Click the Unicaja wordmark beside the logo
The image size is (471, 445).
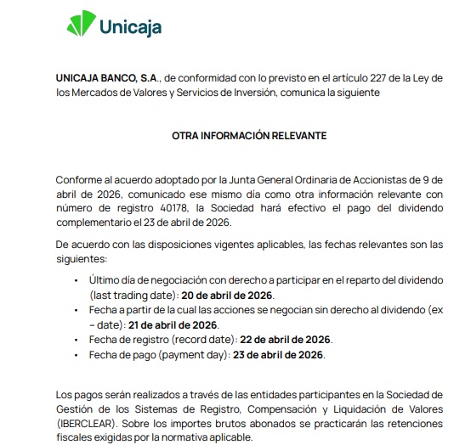pyautogui.click(x=129, y=26)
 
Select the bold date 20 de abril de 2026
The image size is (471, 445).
pyautogui.click(x=227, y=296)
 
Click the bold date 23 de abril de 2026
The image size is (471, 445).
pyautogui.click(x=277, y=354)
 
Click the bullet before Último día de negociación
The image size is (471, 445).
pyautogui.click(x=77, y=280)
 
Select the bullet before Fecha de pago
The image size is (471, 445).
pyautogui.click(x=77, y=354)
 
